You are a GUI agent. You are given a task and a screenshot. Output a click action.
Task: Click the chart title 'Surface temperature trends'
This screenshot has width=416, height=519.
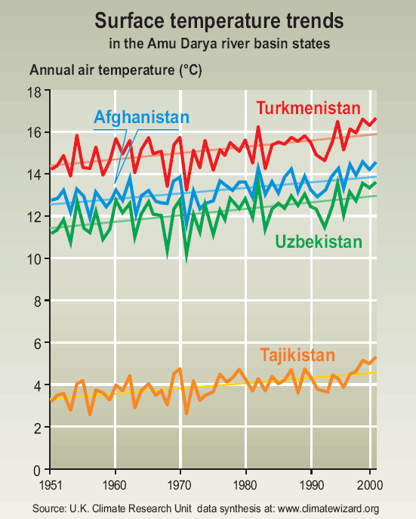click(x=219, y=21)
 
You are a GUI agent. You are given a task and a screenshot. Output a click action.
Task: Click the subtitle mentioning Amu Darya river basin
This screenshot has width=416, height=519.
click(x=220, y=43)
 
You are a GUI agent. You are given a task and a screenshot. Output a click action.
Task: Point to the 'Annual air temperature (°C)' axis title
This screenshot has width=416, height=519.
click(x=116, y=70)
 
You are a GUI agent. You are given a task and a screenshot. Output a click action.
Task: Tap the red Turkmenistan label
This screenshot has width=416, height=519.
click(x=308, y=108)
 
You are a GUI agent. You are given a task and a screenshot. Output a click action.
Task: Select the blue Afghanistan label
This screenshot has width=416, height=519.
click(x=141, y=117)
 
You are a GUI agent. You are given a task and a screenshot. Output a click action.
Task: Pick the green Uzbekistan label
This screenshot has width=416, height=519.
click(x=319, y=242)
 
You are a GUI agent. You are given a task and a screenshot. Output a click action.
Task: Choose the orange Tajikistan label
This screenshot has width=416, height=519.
click(x=297, y=356)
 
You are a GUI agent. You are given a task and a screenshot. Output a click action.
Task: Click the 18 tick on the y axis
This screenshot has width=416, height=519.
click(x=34, y=92)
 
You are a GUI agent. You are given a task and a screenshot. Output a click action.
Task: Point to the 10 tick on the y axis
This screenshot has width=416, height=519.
click(x=34, y=259)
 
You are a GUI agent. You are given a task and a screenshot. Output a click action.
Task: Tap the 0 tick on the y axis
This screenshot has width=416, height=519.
click(x=37, y=471)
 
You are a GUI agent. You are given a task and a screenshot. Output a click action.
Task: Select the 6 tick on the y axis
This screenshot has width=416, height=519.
click(x=37, y=344)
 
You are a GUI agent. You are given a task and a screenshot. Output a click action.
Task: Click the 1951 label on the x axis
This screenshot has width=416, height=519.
click(x=51, y=485)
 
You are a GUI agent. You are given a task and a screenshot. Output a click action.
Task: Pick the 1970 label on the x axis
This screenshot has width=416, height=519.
click(x=180, y=485)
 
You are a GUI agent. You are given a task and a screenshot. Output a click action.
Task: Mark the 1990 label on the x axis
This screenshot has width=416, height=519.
click(x=311, y=485)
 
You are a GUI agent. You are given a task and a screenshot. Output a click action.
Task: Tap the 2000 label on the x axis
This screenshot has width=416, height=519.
click(x=370, y=485)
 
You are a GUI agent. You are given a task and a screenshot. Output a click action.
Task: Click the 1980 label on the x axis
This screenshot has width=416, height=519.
click(x=245, y=485)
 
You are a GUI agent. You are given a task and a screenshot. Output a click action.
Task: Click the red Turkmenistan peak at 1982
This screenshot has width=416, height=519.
click(x=258, y=127)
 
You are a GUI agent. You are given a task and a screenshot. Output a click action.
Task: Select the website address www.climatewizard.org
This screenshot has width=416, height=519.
click(x=328, y=508)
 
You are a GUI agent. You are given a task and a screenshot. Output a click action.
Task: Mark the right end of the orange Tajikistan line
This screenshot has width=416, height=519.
click(x=376, y=357)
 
